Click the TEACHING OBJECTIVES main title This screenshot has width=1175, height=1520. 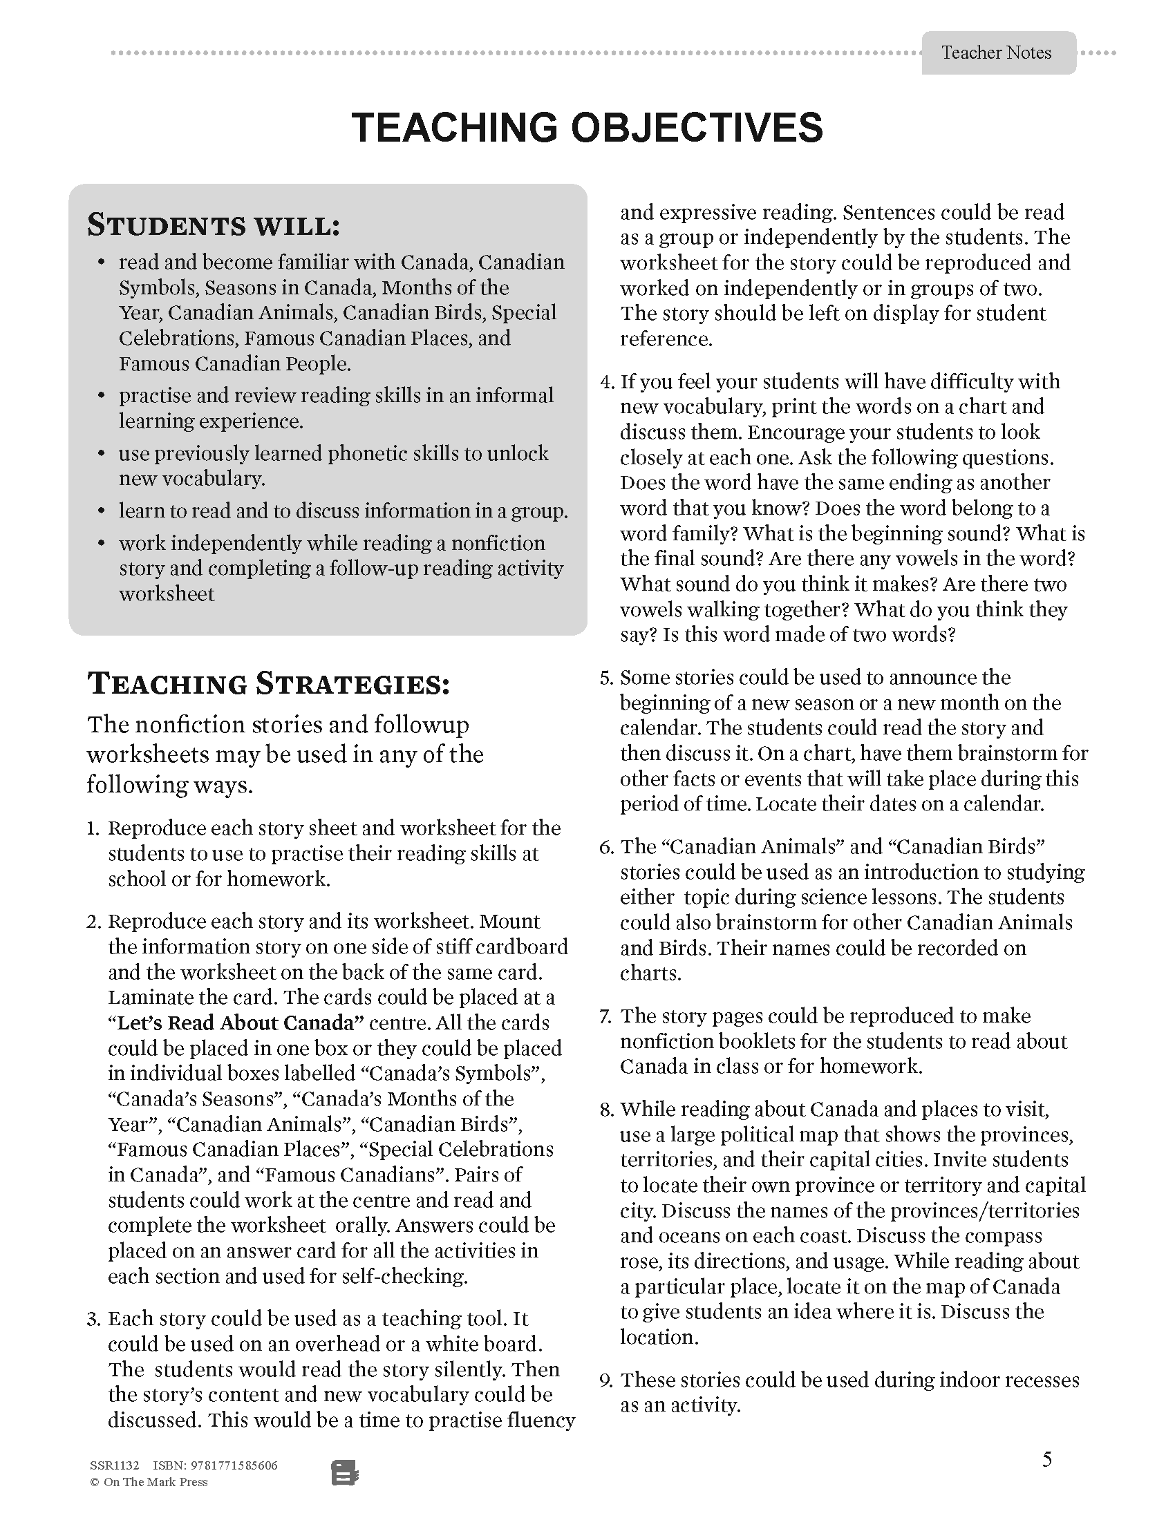tap(587, 128)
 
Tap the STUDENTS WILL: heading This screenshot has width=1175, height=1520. tap(213, 226)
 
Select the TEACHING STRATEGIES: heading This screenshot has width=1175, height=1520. tap(269, 684)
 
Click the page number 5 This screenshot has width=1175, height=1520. tap(1047, 1459)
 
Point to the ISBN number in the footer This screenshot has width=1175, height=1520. tap(215, 1465)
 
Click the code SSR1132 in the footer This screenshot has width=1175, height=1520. tap(115, 1465)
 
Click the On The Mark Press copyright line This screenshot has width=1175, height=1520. tap(149, 1483)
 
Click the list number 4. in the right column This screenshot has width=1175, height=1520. tap(607, 382)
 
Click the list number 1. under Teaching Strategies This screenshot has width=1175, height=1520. tap(94, 829)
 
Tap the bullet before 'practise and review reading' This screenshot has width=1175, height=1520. tap(102, 395)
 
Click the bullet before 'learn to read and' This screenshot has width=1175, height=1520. tap(102, 511)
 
